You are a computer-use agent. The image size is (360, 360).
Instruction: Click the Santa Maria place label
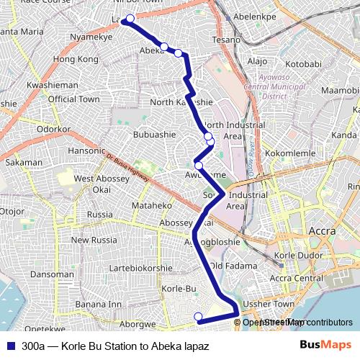(x=23, y=32)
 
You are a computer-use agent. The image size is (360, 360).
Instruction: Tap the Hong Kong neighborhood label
(x=76, y=58)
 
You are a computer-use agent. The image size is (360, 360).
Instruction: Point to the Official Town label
(x=74, y=99)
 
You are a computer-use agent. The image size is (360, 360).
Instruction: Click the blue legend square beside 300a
(x=11, y=346)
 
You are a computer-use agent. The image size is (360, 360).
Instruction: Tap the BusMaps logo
(x=324, y=346)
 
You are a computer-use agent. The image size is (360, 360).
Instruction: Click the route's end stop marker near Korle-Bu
(x=198, y=315)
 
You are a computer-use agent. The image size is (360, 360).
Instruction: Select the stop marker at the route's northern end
(x=130, y=19)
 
